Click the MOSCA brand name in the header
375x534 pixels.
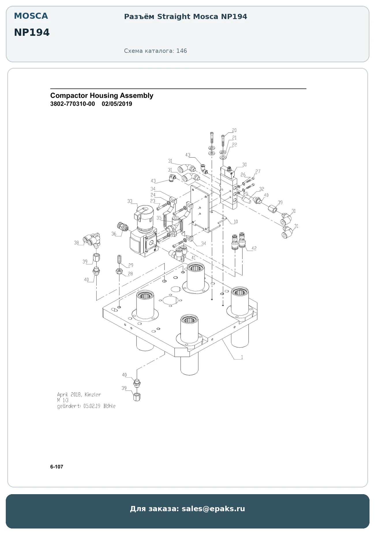tap(31, 16)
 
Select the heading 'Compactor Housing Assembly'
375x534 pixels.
tap(102, 96)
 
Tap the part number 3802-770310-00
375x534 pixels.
tap(72, 104)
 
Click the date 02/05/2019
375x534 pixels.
tap(117, 104)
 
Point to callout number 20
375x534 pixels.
tap(234, 130)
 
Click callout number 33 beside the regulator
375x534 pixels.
tap(130, 201)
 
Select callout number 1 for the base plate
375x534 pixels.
tap(242, 357)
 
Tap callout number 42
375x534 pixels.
tap(254, 248)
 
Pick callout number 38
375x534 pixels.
tap(76, 243)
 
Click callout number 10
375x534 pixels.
tap(236, 222)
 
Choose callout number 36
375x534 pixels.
tap(114, 234)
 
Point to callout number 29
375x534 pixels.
tap(131, 265)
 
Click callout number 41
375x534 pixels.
tap(193, 258)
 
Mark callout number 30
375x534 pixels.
tap(244, 165)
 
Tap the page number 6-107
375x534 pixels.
tap(57, 467)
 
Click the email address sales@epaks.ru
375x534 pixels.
tap(213, 509)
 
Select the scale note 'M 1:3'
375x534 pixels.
tap(63, 400)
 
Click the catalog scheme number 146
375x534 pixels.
tap(182, 51)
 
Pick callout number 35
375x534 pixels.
tap(159, 218)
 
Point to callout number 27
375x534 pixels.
tap(258, 171)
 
